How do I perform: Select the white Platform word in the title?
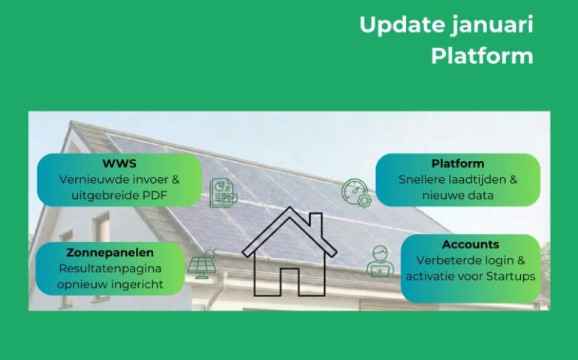pyautogui.click(x=482, y=56)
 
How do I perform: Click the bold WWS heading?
pyautogui.click(x=119, y=164)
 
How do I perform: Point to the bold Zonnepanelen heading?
pyautogui.click(x=110, y=253)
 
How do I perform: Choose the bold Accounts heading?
pyautogui.click(x=471, y=244)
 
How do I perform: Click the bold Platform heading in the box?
pyautogui.click(x=458, y=163)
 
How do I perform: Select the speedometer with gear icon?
pyautogui.click(x=356, y=193)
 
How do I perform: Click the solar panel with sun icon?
pyautogui.click(x=201, y=263)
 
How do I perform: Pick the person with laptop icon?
pyautogui.click(x=380, y=262)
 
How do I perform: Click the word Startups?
pyautogui.click(x=510, y=276)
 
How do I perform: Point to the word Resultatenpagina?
pyautogui.click(x=110, y=268)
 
